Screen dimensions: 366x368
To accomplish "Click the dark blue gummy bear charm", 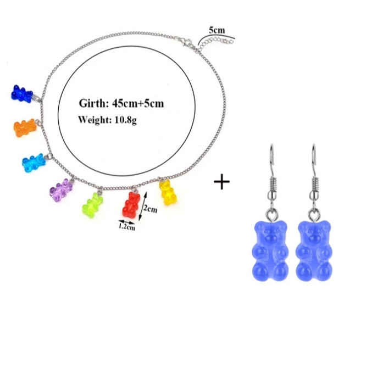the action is pos(22,94).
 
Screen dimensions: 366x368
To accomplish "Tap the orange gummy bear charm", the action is pos(25,127).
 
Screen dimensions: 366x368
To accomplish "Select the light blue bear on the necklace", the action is pos(34,163).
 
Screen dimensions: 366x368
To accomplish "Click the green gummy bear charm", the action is pos(92,205).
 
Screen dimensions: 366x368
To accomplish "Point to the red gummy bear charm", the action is pos(131,204).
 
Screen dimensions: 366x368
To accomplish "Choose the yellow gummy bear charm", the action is pos(168,192).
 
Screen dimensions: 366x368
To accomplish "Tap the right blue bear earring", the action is pos(314,250).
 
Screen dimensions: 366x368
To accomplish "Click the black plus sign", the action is pos(221,181).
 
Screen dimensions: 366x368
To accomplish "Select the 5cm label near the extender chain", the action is pos(217,30).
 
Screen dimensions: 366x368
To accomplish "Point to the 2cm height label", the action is pos(150,209).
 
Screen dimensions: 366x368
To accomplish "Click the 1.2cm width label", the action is pos(127,227).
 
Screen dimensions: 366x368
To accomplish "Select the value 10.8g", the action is pos(126,120).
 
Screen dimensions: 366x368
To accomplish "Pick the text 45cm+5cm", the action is pos(138,103).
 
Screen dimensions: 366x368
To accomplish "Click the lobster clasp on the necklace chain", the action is pos(186,42).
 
